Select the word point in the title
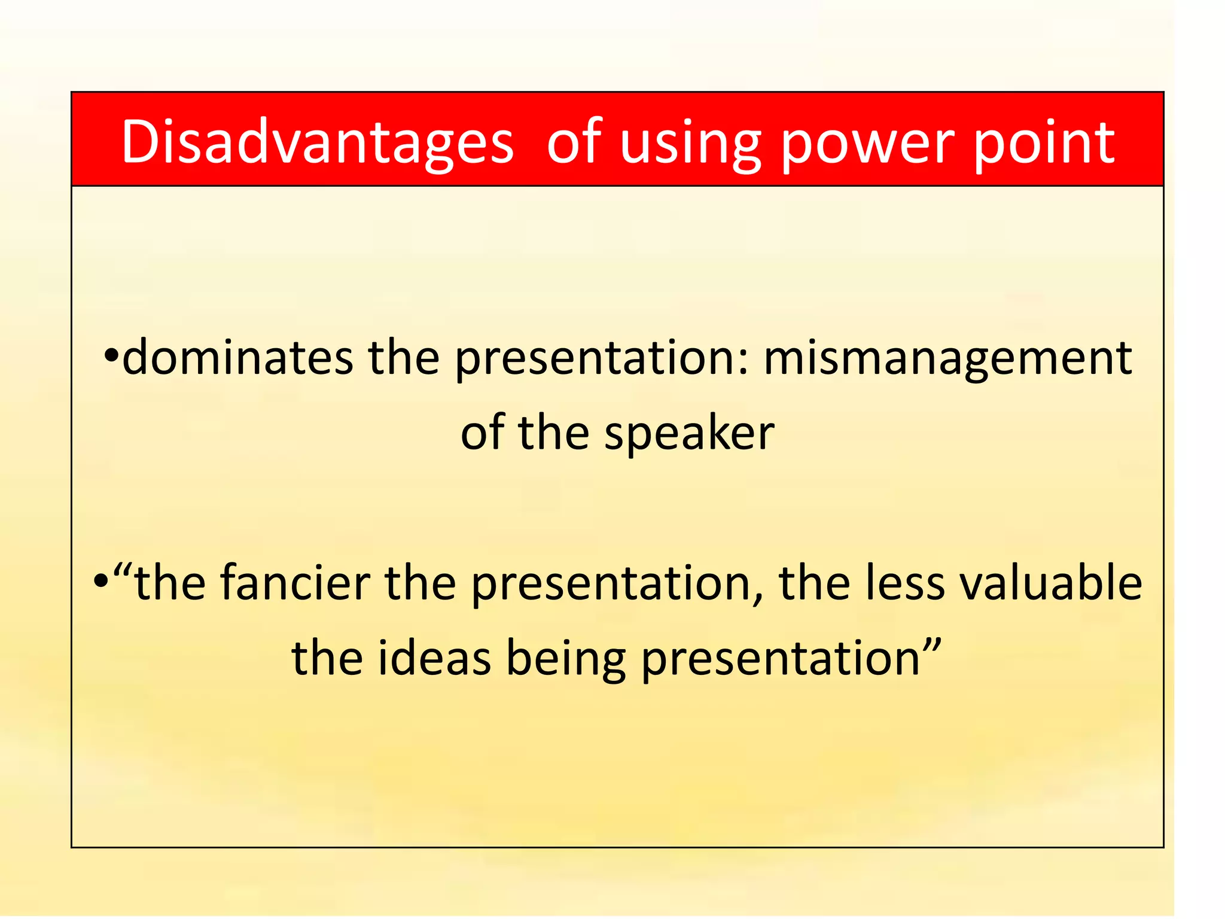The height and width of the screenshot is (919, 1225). click(x=1044, y=144)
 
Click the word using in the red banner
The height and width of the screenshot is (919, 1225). click(x=690, y=144)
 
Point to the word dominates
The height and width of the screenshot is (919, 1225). click(x=237, y=357)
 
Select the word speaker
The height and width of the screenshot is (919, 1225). click(x=689, y=434)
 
